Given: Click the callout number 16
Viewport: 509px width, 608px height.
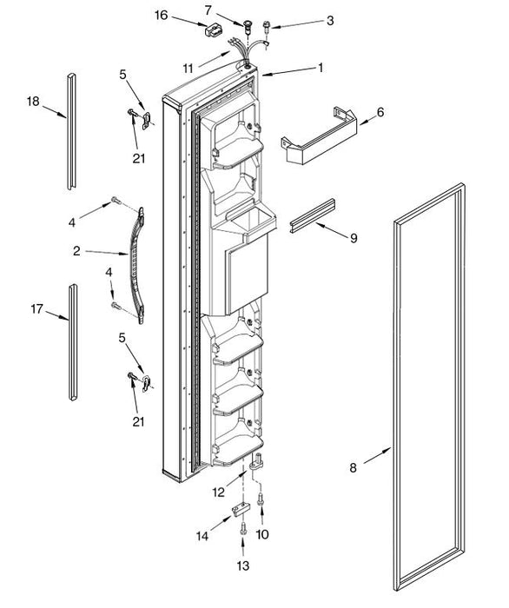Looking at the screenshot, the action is point(161,15).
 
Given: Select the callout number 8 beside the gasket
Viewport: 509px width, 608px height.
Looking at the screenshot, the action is point(353,468).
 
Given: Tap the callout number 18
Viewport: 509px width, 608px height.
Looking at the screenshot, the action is point(33,102).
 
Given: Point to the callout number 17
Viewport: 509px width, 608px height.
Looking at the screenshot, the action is point(36,309).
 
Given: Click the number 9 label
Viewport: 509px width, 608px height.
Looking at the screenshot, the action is point(354,238).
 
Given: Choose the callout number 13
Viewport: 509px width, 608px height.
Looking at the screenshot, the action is point(243,565).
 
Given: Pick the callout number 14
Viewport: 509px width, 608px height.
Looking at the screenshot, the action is point(202,536).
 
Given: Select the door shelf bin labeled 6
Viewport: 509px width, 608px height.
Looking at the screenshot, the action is point(319,136).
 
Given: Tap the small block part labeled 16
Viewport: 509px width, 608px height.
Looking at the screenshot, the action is point(214,30).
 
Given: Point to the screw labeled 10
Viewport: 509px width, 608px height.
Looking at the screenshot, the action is point(261,499).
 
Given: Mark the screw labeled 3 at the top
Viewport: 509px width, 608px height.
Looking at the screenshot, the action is point(267,27).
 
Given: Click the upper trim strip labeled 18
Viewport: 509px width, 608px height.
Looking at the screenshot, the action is point(71,131).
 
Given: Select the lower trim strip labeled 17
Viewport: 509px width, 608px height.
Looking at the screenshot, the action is point(73,342).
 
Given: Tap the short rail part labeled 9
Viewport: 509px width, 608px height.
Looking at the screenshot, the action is point(312,215).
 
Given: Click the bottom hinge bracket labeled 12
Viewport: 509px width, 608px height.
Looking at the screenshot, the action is point(256,461).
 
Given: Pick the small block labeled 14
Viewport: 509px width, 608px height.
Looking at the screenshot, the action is point(239,509).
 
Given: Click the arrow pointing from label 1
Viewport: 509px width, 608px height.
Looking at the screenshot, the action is point(289,72).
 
